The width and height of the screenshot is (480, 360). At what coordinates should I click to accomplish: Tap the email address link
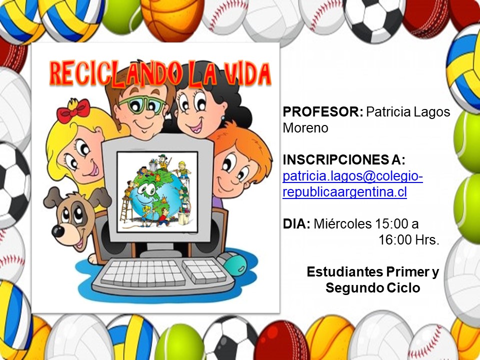[x=352, y=184]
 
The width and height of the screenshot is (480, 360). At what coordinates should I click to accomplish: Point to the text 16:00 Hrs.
[x=409, y=239]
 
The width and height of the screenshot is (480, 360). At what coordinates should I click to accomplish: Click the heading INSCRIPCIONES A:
[x=344, y=159]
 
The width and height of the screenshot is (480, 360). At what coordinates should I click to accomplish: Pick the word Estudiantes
[x=344, y=271]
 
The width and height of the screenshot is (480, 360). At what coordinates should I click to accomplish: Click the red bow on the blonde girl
[x=73, y=110]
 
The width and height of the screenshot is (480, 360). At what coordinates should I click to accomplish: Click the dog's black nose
[x=58, y=231]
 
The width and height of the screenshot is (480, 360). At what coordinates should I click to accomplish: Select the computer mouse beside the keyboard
[x=234, y=264]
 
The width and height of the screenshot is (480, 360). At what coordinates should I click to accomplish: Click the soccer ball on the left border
[x=14, y=185]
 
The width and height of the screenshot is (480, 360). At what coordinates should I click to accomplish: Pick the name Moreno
[x=305, y=128]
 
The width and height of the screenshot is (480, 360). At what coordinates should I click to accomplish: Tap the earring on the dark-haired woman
[x=222, y=118]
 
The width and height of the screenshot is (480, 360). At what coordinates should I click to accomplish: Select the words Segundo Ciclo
[x=372, y=288]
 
